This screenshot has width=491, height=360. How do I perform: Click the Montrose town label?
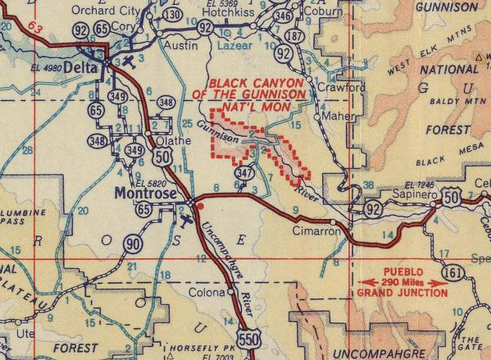pos(140,194)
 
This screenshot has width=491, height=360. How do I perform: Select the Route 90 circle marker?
pos(130,243)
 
